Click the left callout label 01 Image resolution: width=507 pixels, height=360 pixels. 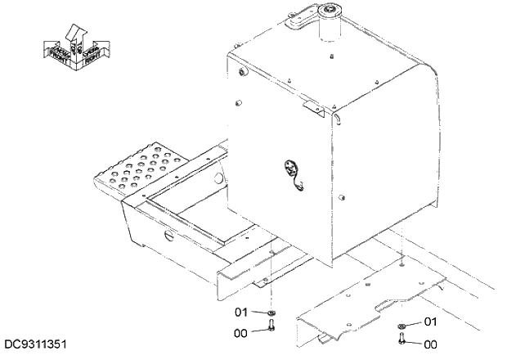[241, 312]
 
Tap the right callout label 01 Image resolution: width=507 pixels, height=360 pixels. [430, 322]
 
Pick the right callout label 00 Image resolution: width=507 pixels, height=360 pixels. [430, 344]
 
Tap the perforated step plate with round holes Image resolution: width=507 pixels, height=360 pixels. [144, 164]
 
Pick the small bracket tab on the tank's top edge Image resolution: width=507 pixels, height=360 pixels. [308, 104]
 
